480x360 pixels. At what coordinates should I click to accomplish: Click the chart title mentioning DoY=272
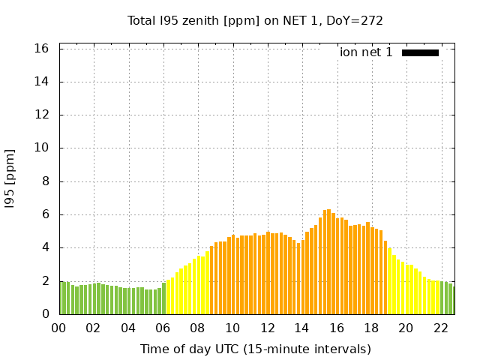pos(255,20)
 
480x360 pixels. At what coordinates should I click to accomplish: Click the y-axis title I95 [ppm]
pos(10,178)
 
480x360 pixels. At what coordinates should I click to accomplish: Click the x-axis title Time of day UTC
pos(255,349)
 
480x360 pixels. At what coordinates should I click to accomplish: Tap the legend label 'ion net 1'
pos(366,52)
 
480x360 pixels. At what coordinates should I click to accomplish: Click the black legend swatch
pos(420,52)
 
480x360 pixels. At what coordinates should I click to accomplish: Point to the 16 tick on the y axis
pos(42,49)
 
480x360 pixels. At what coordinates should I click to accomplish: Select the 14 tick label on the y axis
pos(42,82)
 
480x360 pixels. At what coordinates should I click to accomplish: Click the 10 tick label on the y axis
pos(42,148)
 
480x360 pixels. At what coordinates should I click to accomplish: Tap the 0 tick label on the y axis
pos(46,314)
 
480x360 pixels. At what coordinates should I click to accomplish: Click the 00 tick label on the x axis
pos(59,328)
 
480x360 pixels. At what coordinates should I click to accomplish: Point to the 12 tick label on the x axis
pos(267,328)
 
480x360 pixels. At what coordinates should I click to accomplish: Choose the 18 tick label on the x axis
pos(371,328)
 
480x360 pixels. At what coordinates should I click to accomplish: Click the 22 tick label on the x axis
pos(440,328)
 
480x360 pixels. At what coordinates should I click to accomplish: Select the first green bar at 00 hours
pos(61,298)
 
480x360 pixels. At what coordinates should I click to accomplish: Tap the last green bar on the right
pos(453,300)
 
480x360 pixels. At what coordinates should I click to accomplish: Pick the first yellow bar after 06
pos(168,297)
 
